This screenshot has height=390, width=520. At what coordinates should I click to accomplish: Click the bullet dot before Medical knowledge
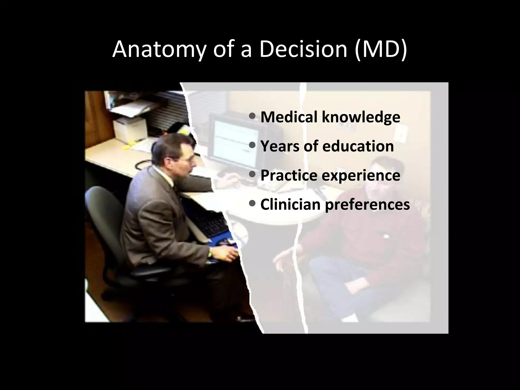tap(253, 117)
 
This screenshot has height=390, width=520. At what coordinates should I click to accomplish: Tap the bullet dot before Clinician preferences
tap(253, 204)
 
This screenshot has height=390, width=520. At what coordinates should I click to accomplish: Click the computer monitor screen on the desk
tap(235, 142)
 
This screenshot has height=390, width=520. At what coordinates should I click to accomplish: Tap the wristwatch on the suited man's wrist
tap(210, 253)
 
